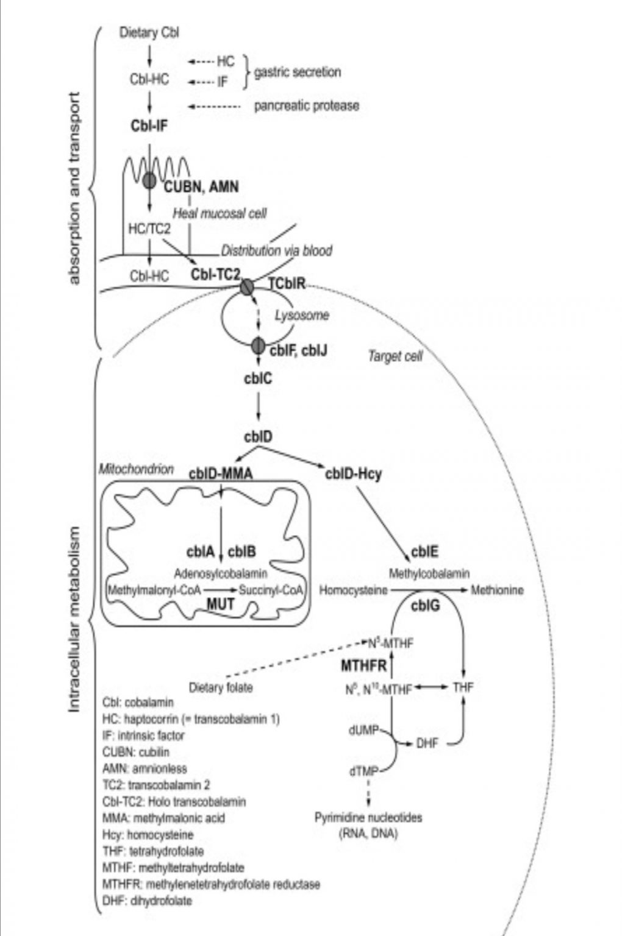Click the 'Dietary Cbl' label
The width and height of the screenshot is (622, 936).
coord(149,32)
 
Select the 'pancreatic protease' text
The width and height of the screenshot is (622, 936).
coord(306,105)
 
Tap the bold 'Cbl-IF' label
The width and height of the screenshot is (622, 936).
coord(149,126)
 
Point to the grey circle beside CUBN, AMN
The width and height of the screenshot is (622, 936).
coord(150,180)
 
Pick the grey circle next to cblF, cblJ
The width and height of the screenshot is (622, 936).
coord(259,346)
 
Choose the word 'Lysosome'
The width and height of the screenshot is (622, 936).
coord(301,315)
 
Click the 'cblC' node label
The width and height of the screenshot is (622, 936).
coord(258,378)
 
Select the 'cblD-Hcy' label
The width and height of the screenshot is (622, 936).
coord(354,473)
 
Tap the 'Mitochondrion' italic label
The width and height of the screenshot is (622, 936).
coord(136,469)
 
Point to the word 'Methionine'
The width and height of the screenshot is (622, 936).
coord(497,590)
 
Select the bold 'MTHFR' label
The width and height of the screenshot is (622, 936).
coord(363,665)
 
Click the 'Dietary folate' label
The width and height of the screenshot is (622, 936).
coord(221,688)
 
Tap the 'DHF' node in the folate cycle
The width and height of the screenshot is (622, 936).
coord(427,743)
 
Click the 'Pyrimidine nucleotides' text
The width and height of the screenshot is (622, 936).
coord(368,817)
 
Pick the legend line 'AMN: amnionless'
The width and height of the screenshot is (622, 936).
coord(145,768)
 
